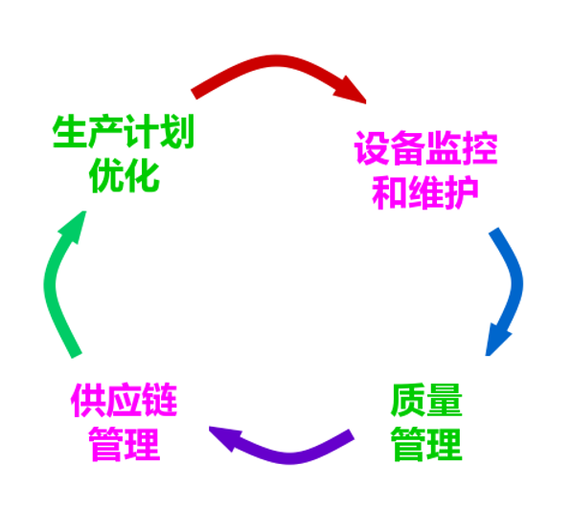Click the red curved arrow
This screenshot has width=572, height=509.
tap(277, 61)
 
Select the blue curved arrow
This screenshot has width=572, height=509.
tap(516, 284)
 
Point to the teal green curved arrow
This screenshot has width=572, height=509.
tap(50, 284)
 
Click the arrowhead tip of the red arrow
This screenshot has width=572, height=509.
tap(366, 103)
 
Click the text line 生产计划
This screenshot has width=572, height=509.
tap(124, 131)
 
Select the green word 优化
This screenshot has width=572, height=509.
tap(124, 176)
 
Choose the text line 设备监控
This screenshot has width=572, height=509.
tap(425, 148)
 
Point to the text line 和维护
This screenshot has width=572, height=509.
tap(425, 192)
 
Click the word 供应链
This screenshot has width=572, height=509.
tap(124, 400)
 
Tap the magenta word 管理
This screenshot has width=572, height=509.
tap(124, 445)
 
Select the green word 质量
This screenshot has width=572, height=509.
tap(426, 400)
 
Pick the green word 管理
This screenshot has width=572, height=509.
tap(426, 445)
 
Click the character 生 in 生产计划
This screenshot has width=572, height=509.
tap(70, 131)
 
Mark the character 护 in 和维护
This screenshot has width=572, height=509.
tap(461, 192)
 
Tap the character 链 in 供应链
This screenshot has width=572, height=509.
tap(160, 400)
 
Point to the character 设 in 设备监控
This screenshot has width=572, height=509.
tap(372, 148)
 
